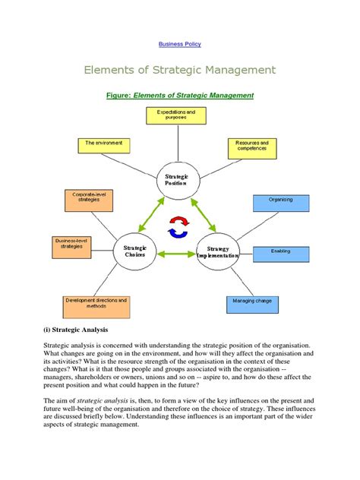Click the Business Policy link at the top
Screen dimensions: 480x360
click(179, 44)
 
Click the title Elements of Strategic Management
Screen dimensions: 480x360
click(179, 71)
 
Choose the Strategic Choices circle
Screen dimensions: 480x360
click(134, 251)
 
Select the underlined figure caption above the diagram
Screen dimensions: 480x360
click(182, 96)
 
